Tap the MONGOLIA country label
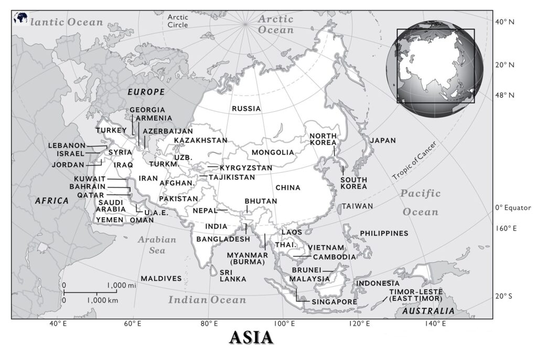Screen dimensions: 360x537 (x=273, y=152)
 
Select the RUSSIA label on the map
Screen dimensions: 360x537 (x=246, y=109)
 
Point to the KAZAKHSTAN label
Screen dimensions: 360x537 (x=201, y=140)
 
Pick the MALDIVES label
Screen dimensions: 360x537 (x=161, y=278)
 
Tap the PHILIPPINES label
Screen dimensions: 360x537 (x=383, y=233)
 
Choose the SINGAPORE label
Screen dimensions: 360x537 (x=334, y=302)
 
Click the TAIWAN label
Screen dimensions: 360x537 (x=358, y=206)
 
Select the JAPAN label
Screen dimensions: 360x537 (x=383, y=141)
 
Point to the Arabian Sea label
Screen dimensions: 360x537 (x=157, y=245)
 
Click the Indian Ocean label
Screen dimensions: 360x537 (x=207, y=300)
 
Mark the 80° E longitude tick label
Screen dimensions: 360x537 (x=209, y=323)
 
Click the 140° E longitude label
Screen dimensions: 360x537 (x=435, y=323)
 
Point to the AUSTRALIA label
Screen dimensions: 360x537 (x=428, y=311)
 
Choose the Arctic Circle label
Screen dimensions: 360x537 (x=178, y=21)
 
